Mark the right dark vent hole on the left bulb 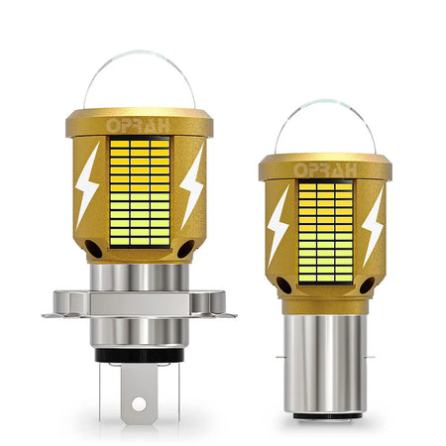coord(185,249)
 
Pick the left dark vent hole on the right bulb coord(281,286)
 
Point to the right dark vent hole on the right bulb coord(367,286)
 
